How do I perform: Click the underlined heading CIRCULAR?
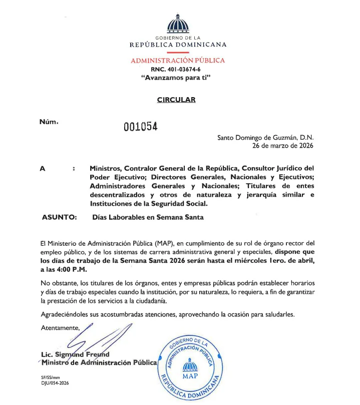click(x=176, y=100)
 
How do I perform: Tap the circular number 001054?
click(x=141, y=127)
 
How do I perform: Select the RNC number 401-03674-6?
click(x=178, y=69)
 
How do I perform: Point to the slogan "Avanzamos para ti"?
click(x=178, y=78)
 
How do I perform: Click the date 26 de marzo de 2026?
click(x=282, y=146)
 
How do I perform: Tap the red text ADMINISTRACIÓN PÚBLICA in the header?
click(x=178, y=61)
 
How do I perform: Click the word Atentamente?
click(x=60, y=327)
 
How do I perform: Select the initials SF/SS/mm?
click(x=51, y=377)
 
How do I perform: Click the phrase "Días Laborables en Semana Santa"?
click(x=148, y=217)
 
